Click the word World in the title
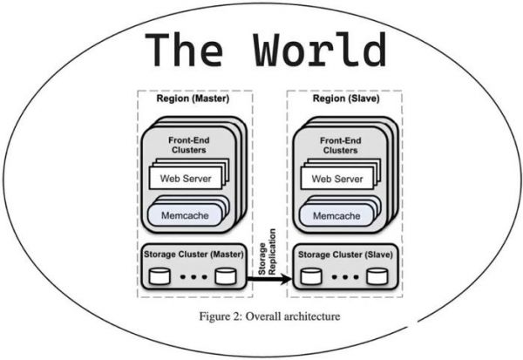322,51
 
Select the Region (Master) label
193,98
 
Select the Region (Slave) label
343,98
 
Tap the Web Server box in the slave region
336,180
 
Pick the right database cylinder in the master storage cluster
227,277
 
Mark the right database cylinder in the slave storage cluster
376,277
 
